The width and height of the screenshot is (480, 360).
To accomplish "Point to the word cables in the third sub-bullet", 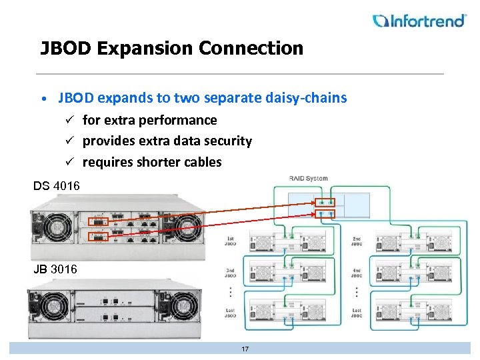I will coord(200,162).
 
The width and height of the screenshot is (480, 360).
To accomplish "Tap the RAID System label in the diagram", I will coord(308,178).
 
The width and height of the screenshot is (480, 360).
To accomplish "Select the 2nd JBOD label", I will coord(357,242).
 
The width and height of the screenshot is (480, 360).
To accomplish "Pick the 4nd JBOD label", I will coord(357,275).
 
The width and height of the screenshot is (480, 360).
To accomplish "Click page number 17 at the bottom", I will coord(245,349).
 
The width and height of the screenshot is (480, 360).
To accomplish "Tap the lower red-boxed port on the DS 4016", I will coord(97,237).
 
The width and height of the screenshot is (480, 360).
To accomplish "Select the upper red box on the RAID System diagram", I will coord(325,201).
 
